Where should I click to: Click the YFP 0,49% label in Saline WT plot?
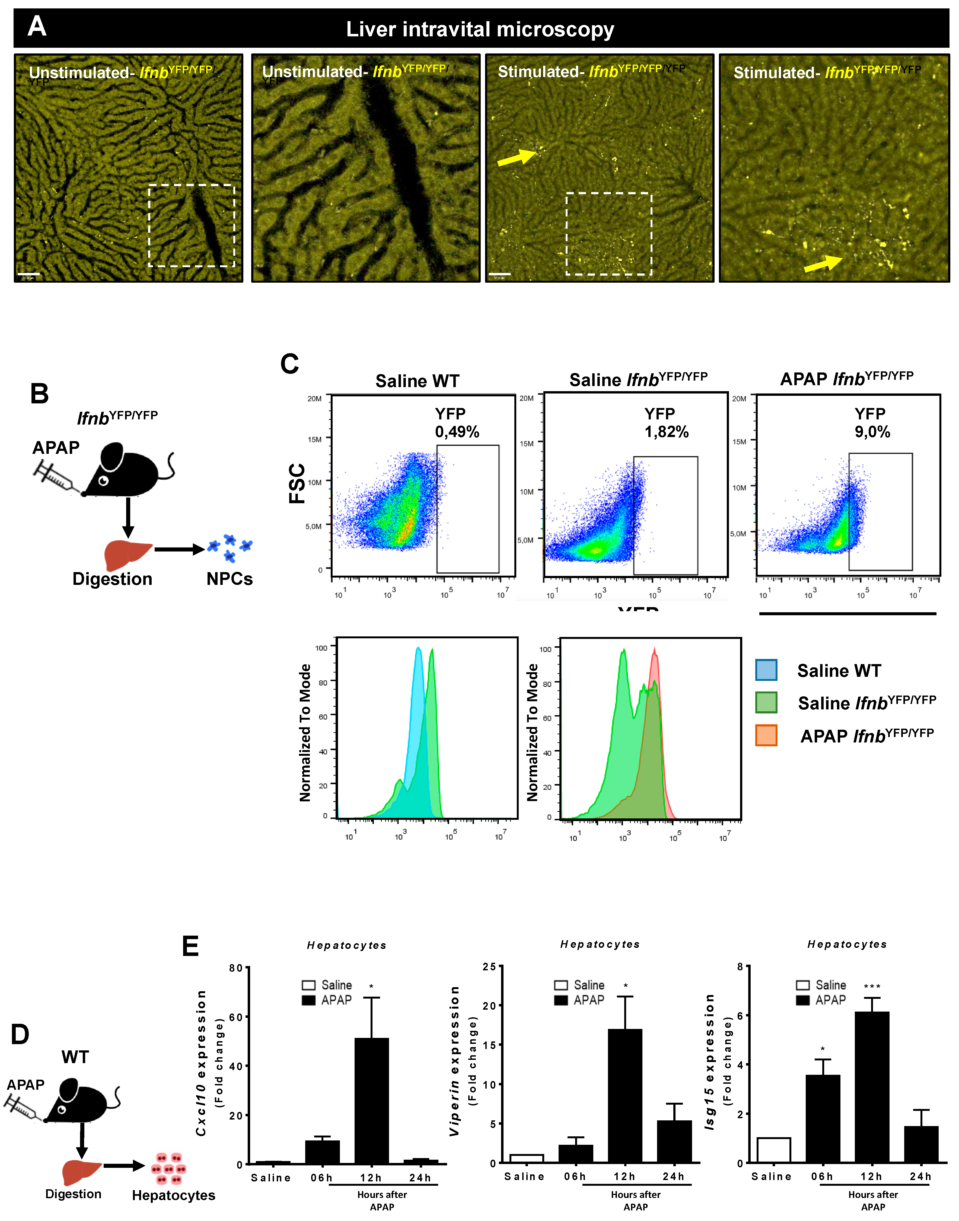coord(457,423)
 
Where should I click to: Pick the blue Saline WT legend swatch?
coord(766,670)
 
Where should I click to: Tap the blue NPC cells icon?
coord(230,547)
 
